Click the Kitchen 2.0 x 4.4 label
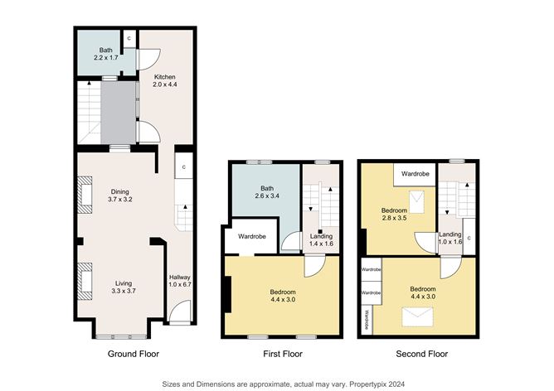tap(165, 80)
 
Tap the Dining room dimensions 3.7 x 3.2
tap(120, 200)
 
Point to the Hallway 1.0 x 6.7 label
tap(180, 281)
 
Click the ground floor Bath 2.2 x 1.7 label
tap(105, 54)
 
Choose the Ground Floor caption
tap(134, 354)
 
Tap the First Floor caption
tap(283, 354)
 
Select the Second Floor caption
tap(422, 354)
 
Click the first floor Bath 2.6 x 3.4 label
tap(267, 192)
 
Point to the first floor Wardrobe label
tap(252, 236)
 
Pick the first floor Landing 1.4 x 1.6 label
tap(321, 240)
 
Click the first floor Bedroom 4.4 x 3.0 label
tap(283, 296)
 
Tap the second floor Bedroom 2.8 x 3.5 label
tap(394, 215)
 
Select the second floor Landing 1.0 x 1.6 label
tap(450, 239)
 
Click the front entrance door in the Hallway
tap(180, 311)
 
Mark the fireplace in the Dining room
tap(85, 195)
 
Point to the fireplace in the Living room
tap(85, 282)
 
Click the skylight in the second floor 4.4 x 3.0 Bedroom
tap(418, 316)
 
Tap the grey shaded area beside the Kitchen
tap(119, 112)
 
